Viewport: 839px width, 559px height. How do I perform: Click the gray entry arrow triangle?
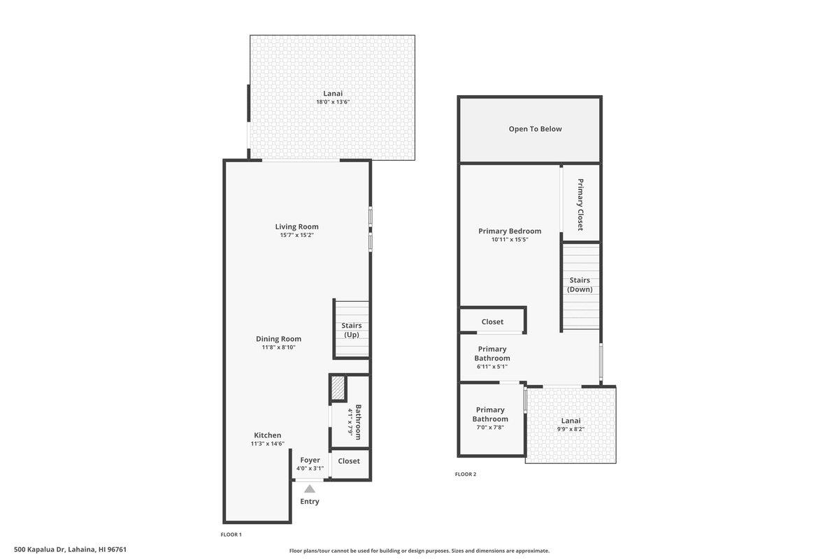pos(310,489)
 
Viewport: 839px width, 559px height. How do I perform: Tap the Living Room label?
pos(296,226)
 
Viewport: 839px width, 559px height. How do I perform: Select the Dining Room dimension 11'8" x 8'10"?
pos(279,347)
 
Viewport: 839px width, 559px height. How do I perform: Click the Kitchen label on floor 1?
pos(267,435)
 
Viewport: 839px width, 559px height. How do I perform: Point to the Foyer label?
pos(310,460)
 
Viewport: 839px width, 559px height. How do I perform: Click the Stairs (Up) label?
pos(351,330)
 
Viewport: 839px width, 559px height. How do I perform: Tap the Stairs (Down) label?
pos(580,284)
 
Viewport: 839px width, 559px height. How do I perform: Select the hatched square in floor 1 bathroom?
pos(338,388)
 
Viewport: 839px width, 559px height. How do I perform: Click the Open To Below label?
pos(535,129)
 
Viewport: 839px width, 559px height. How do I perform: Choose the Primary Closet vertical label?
pos(580,205)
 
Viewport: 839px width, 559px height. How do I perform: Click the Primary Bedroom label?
pos(510,231)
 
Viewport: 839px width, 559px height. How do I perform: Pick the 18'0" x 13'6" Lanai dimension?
pos(333,102)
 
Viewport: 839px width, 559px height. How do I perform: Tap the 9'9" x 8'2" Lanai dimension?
pos(571,429)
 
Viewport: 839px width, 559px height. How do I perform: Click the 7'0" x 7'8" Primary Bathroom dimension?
pos(490,428)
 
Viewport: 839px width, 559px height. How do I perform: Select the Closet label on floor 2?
pos(492,321)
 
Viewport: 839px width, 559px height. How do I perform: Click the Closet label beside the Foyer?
pos(349,461)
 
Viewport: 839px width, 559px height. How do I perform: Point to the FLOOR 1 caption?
pos(231,535)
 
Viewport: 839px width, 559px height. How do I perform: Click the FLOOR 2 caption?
pos(465,474)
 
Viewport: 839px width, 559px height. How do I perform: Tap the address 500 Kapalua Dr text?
pos(70,550)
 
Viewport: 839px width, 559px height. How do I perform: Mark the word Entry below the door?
pos(310,502)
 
